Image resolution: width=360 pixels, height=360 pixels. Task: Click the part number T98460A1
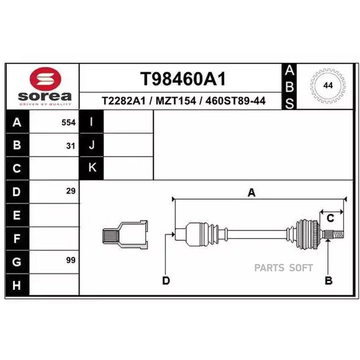click(x=182, y=80)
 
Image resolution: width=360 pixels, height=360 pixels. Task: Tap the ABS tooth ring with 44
click(x=328, y=86)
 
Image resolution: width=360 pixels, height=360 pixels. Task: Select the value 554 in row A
click(x=68, y=123)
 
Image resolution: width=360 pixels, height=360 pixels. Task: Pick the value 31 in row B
click(x=71, y=146)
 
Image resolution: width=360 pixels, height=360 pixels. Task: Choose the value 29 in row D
click(x=71, y=191)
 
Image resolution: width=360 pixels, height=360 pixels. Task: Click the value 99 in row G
click(x=71, y=260)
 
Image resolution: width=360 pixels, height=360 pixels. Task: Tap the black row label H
click(x=16, y=285)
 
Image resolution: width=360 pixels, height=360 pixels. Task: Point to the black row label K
click(x=92, y=168)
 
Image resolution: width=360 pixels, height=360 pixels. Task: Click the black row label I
click(x=92, y=122)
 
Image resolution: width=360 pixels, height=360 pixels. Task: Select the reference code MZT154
click(x=176, y=101)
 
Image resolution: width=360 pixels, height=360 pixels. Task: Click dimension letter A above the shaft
click(x=251, y=193)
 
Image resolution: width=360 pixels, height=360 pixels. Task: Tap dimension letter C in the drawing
click(x=330, y=218)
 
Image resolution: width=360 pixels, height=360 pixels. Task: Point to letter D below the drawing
click(x=166, y=281)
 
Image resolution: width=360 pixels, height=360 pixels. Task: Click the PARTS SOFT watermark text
click(x=284, y=268)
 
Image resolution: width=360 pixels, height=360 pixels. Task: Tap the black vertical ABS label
click(x=290, y=86)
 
